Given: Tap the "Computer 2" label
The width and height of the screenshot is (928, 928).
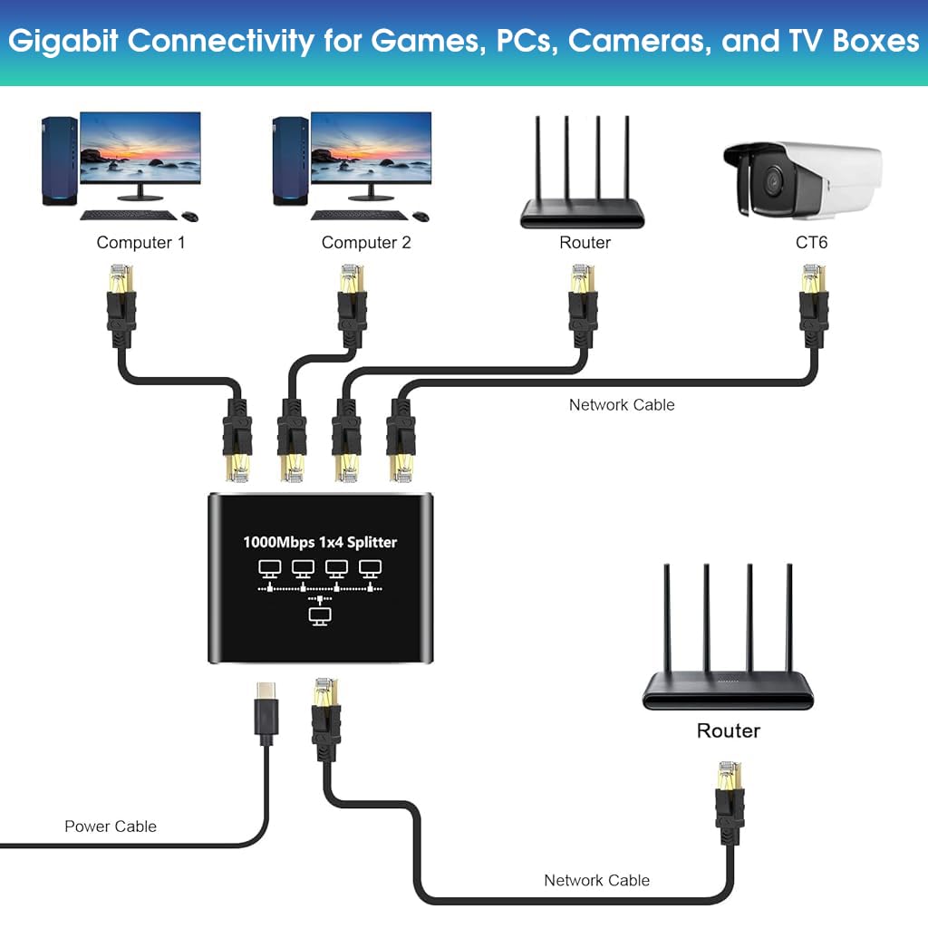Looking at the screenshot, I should point(366,243).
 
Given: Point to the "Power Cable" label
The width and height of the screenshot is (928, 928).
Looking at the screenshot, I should point(111,826).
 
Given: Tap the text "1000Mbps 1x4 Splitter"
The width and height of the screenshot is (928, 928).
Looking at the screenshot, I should point(320,543).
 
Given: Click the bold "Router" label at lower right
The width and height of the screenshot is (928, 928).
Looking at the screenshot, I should point(728,730).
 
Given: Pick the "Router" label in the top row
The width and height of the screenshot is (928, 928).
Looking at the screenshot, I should point(585,243).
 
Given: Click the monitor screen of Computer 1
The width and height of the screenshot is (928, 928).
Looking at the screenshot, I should point(140,150).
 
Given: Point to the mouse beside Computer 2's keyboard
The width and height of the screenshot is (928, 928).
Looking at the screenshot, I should point(420,217).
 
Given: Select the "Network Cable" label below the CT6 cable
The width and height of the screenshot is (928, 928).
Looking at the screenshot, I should point(622,405).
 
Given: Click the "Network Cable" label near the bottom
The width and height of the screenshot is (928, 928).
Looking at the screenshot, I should point(596,880).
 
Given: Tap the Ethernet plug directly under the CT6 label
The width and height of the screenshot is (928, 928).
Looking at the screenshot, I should point(813,304).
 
